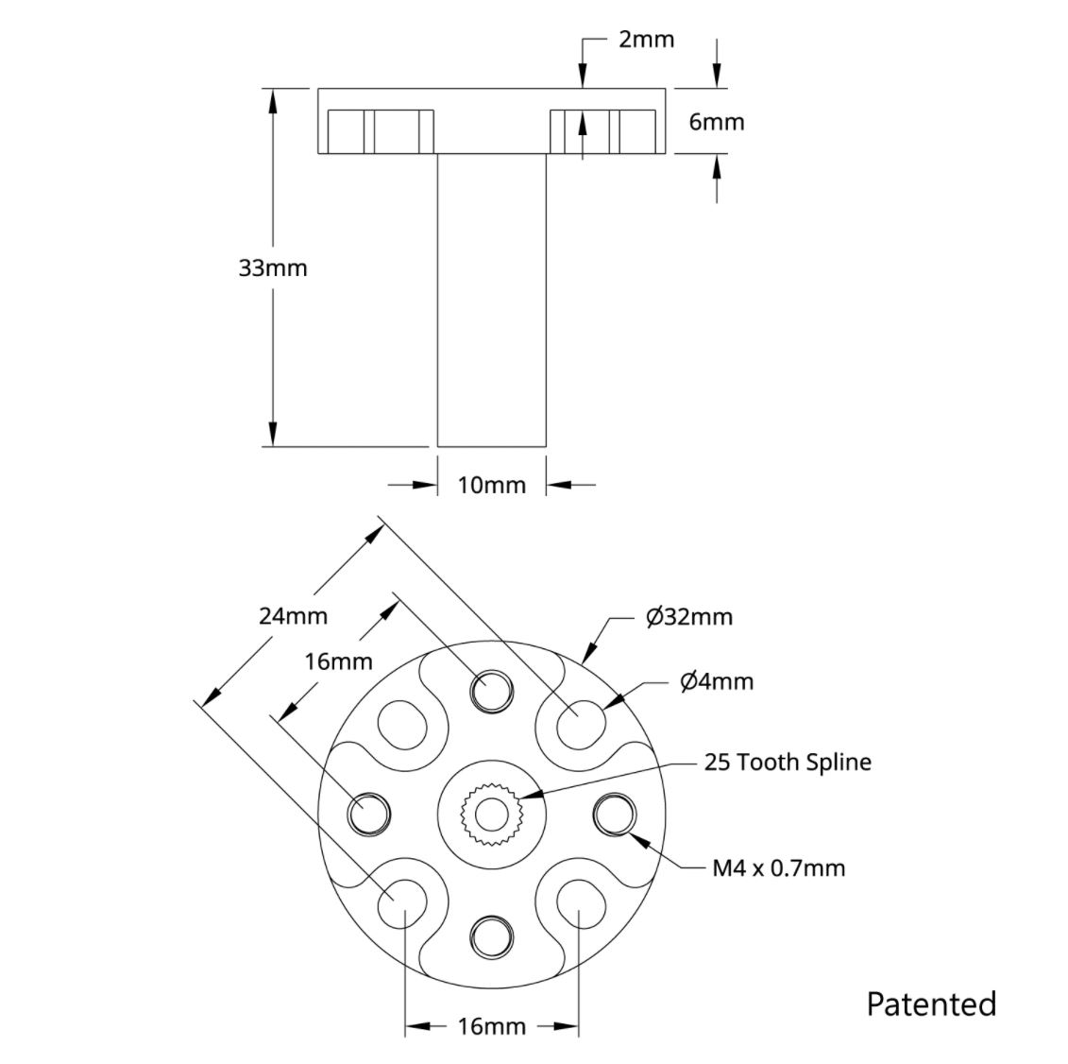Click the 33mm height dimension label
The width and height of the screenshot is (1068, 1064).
[x=272, y=267]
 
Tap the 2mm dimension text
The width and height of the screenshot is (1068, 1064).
[x=646, y=39]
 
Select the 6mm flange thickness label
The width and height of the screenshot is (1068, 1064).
[x=716, y=122]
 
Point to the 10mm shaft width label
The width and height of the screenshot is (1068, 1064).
[x=491, y=485]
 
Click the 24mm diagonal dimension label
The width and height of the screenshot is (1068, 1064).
[x=293, y=616]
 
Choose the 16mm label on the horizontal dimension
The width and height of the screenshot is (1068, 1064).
[x=491, y=1026]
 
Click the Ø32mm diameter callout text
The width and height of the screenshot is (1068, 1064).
[x=689, y=617]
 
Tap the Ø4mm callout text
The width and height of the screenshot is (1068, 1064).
[x=717, y=681]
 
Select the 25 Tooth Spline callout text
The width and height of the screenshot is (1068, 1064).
[x=788, y=762]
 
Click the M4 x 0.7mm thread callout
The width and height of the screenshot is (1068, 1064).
[x=778, y=867]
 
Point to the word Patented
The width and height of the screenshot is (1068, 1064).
[x=931, y=1003]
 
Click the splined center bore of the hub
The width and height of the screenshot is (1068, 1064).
[x=491, y=813]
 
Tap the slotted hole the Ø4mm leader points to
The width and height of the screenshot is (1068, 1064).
[x=579, y=726]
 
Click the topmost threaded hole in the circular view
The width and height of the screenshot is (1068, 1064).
[x=491, y=691]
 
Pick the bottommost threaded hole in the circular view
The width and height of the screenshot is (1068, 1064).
[x=491, y=936]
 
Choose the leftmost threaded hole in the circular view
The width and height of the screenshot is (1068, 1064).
[x=368, y=814]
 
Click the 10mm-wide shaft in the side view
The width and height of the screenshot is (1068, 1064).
[x=491, y=302]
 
